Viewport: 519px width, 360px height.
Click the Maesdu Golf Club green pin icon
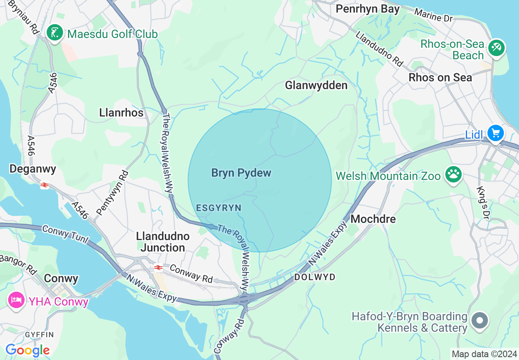coord(55,33)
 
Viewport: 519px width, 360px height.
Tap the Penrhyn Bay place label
coord(367,9)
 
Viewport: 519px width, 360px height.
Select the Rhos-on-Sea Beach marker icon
coord(496,47)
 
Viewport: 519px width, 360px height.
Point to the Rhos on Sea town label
coord(440,77)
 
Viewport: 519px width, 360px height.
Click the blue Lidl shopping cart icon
coord(495,133)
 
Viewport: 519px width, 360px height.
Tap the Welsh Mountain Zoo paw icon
coord(453,175)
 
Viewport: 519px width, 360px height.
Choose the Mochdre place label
coord(373,219)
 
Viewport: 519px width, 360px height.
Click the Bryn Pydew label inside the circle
coord(241,173)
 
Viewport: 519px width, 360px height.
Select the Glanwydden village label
coord(316,85)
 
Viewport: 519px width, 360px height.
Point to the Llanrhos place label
coord(121,112)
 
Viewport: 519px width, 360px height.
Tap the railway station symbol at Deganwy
coord(45,185)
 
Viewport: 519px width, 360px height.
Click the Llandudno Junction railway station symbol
coord(158,268)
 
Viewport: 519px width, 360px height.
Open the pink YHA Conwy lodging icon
coord(16,301)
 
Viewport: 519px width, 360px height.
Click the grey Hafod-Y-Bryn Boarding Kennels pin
coord(480,320)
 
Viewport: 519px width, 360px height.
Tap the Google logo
coord(27,350)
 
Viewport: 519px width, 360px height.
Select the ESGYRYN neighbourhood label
coord(219,208)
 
